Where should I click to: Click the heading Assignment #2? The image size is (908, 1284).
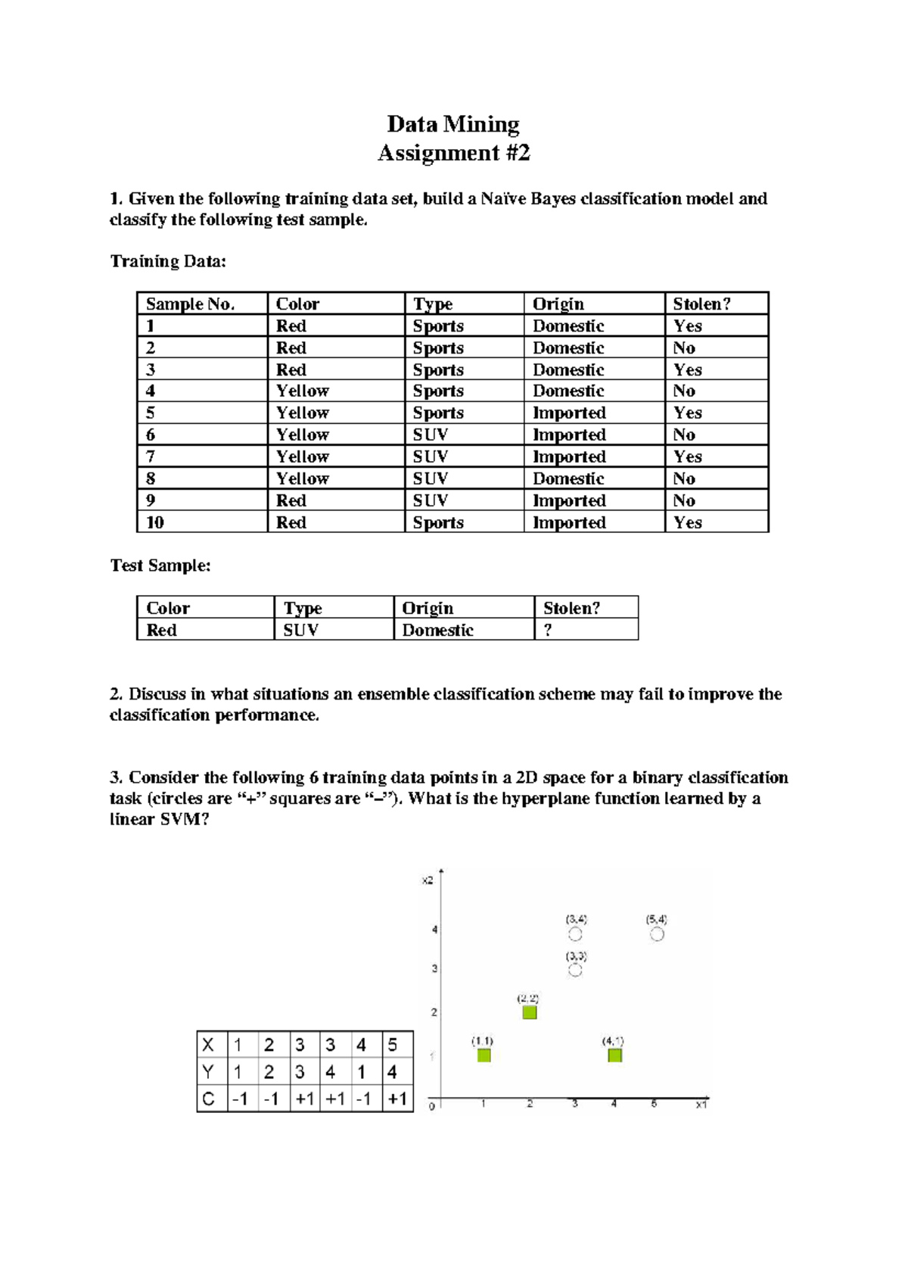(x=453, y=153)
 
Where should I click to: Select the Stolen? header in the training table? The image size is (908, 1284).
(x=701, y=304)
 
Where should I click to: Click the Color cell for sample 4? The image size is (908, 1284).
(x=302, y=391)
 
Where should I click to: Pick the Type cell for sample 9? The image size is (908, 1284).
(x=431, y=500)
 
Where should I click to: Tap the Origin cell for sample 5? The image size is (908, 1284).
(x=569, y=413)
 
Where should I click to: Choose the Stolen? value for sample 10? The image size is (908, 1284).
(x=688, y=522)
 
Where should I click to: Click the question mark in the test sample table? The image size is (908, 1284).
(x=548, y=630)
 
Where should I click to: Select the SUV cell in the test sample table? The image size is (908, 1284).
(x=300, y=630)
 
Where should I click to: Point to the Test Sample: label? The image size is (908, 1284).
(x=160, y=566)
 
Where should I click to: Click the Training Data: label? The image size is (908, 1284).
(x=168, y=261)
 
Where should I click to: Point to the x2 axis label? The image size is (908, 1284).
(x=428, y=880)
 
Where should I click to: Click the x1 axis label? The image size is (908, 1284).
(x=701, y=1105)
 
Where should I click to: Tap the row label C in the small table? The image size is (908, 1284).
(x=209, y=1099)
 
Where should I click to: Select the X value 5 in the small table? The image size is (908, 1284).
(x=392, y=1045)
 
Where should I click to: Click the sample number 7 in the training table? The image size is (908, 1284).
(x=151, y=457)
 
